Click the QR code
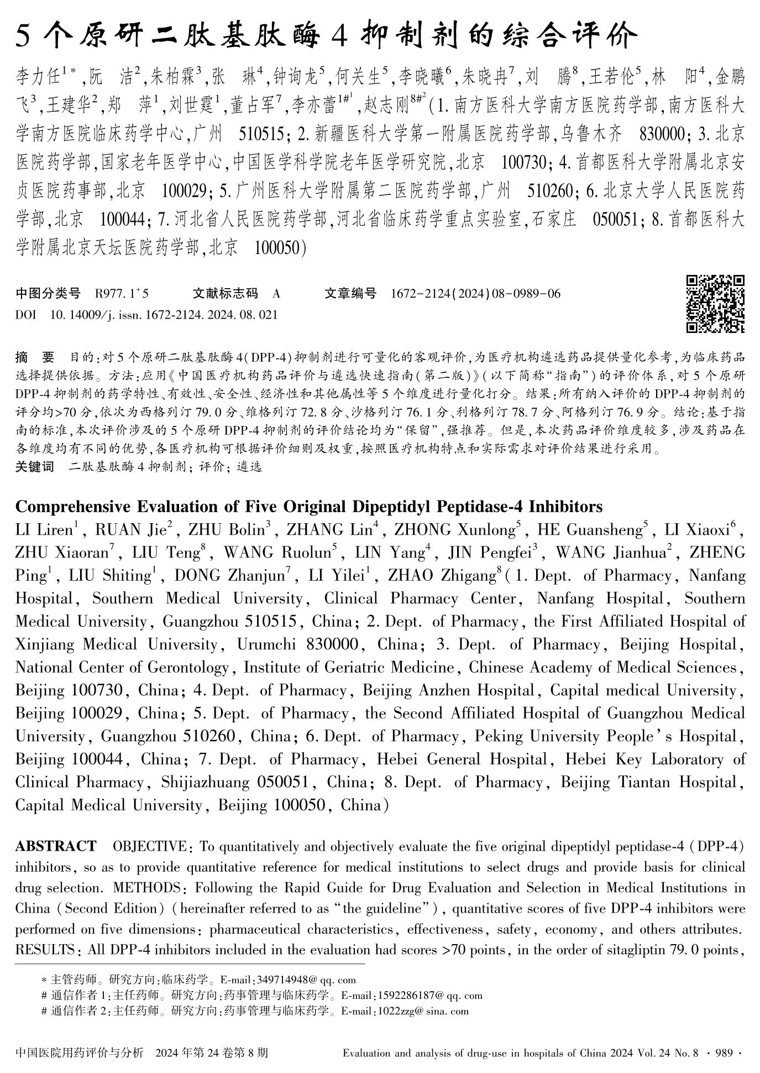[x=715, y=304]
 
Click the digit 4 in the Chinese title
[x=338, y=37]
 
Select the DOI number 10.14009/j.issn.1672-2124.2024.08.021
[x=164, y=315]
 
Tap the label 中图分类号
[x=48, y=293]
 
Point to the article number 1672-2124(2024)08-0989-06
[x=475, y=294]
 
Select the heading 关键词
[x=35, y=467]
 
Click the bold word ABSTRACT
[x=56, y=846]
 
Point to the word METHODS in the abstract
[x=145, y=888]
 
